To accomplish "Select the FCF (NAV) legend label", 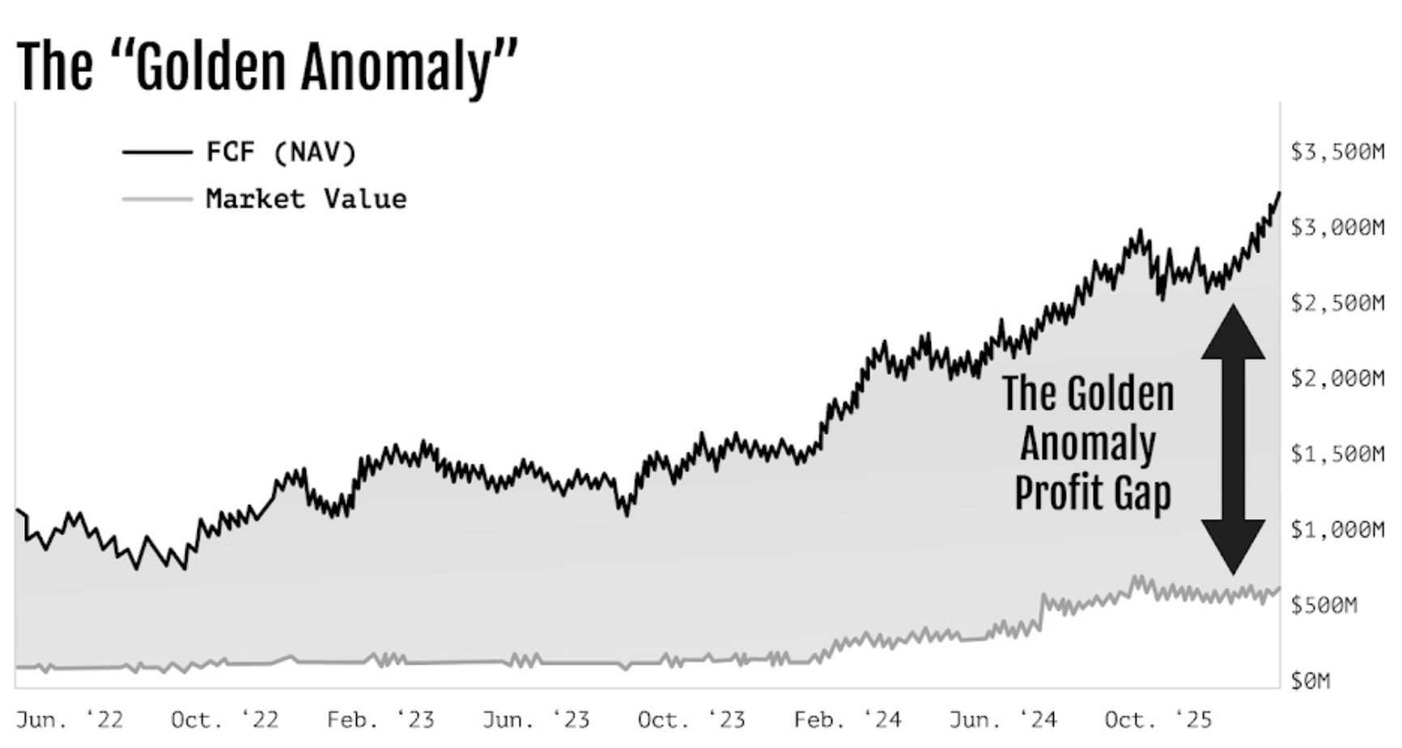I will (x=280, y=152).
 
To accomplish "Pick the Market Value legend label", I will (x=306, y=199).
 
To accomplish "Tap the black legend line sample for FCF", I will (x=157, y=151).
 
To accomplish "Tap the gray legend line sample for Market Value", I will (x=157, y=198).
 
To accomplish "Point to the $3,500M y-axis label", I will (x=1337, y=152).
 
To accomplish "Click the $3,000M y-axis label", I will (x=1337, y=227).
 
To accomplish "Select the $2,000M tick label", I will (x=1337, y=379).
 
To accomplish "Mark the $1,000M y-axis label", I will (x=1337, y=529).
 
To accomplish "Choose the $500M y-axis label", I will (x=1323, y=606).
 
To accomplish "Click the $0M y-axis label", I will (x=1310, y=681).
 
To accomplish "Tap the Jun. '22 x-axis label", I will (x=70, y=720).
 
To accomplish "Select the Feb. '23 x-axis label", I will (x=380, y=720).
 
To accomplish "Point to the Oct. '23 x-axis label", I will (x=691, y=720).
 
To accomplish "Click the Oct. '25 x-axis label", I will (x=1158, y=720).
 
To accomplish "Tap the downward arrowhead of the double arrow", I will (x=1233, y=546).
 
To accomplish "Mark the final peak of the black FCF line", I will (x=1279, y=193).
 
